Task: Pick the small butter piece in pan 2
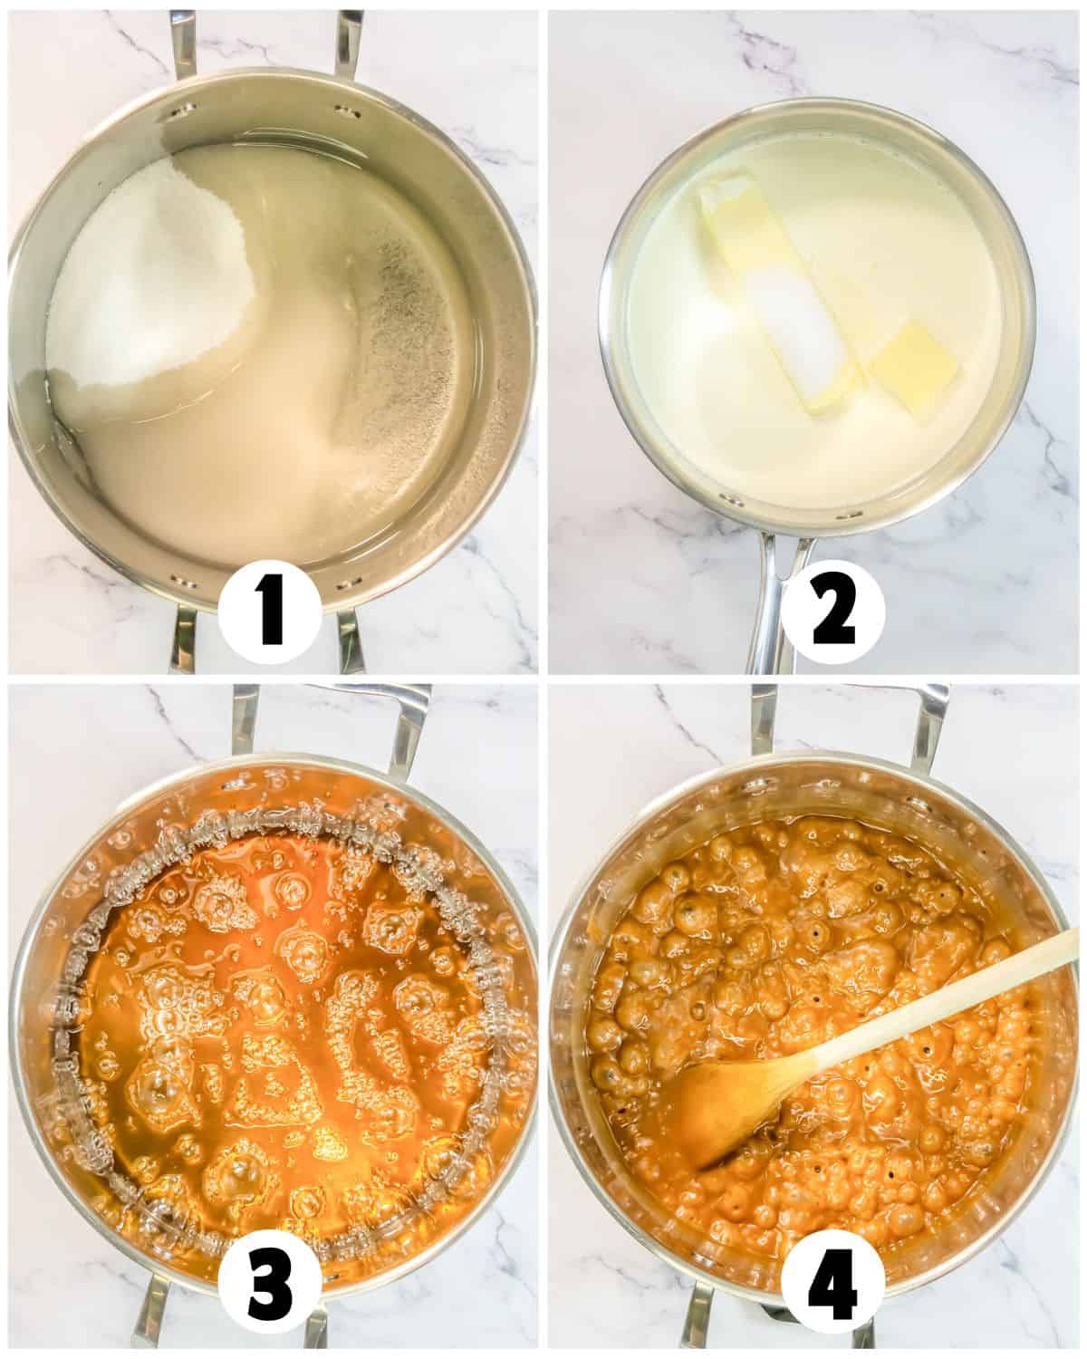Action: pyautogui.click(x=913, y=370)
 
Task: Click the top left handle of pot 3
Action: pyautogui.click(x=245, y=720)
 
